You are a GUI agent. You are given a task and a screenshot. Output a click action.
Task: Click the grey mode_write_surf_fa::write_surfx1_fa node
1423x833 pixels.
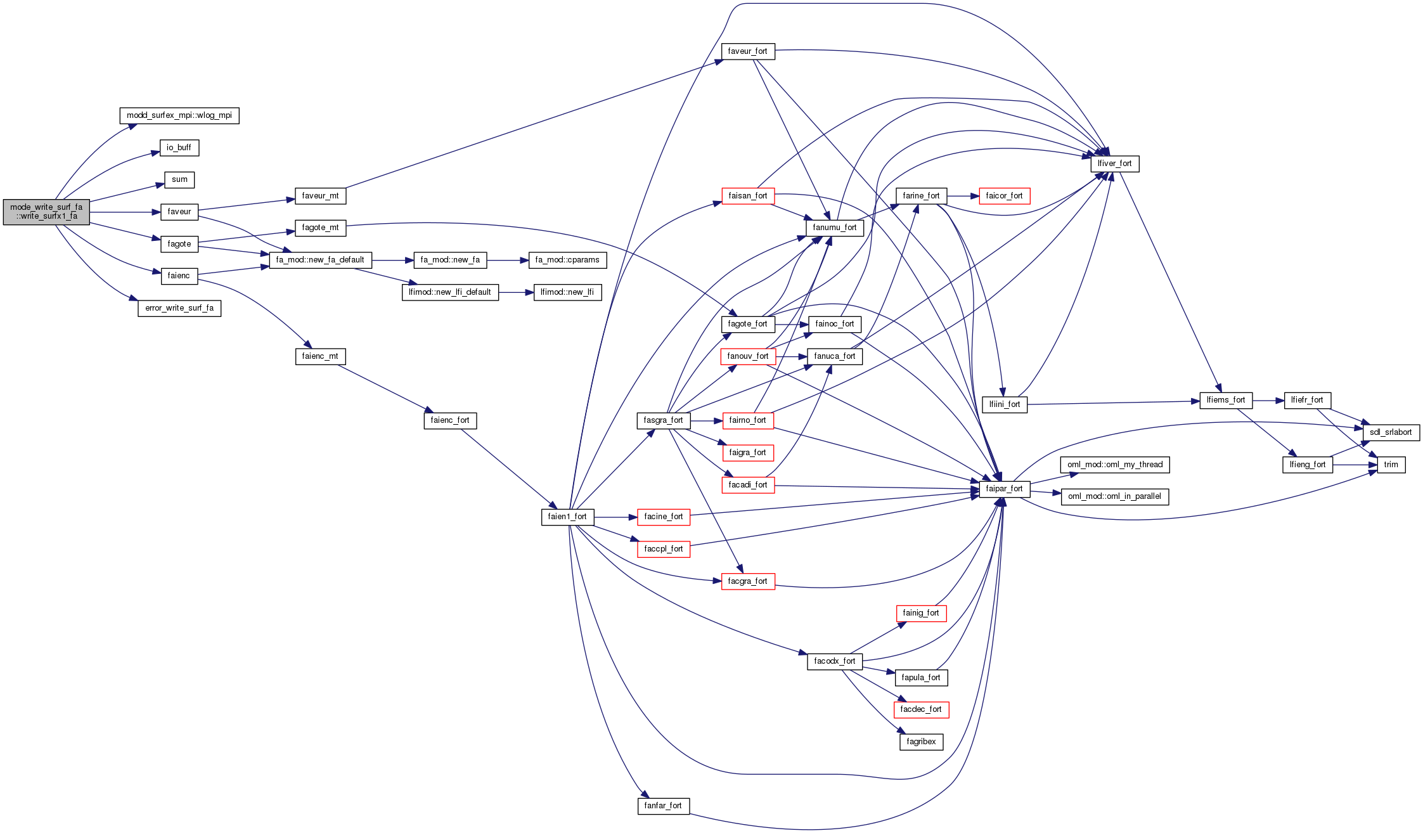point(46,212)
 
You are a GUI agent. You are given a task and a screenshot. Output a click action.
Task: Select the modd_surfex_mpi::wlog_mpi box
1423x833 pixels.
point(179,115)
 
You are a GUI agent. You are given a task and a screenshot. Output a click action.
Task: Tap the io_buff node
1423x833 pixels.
point(179,148)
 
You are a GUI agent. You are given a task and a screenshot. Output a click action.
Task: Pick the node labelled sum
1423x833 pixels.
point(179,180)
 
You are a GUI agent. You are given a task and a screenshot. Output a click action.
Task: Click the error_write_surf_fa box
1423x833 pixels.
point(179,308)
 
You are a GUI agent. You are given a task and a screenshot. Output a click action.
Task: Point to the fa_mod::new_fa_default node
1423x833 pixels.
point(320,260)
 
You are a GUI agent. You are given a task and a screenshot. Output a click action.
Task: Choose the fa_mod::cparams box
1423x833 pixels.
point(567,260)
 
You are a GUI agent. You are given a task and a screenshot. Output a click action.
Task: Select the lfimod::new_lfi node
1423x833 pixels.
point(567,292)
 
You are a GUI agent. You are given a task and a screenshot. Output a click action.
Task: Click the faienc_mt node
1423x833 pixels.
point(320,356)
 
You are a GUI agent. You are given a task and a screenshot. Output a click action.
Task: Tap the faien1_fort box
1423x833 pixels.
point(567,517)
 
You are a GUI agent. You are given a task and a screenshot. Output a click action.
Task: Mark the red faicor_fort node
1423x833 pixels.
point(1004,196)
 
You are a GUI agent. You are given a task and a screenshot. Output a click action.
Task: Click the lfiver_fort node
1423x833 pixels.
point(1114,164)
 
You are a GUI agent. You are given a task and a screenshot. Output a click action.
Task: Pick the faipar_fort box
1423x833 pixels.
point(1004,489)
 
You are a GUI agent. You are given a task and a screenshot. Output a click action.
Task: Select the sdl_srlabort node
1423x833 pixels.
point(1391,432)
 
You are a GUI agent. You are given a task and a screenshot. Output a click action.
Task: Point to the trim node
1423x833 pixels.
point(1391,465)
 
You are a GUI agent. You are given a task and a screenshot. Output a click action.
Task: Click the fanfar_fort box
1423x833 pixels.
point(663,806)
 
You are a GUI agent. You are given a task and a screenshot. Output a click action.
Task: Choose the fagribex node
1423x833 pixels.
point(921,742)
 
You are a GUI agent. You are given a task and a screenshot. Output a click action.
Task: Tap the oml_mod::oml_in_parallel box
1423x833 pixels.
point(1114,496)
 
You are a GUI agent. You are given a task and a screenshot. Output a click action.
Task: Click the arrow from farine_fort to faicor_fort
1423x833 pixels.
point(963,196)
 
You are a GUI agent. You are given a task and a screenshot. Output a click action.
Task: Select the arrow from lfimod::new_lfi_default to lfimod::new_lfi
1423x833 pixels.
point(516,292)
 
